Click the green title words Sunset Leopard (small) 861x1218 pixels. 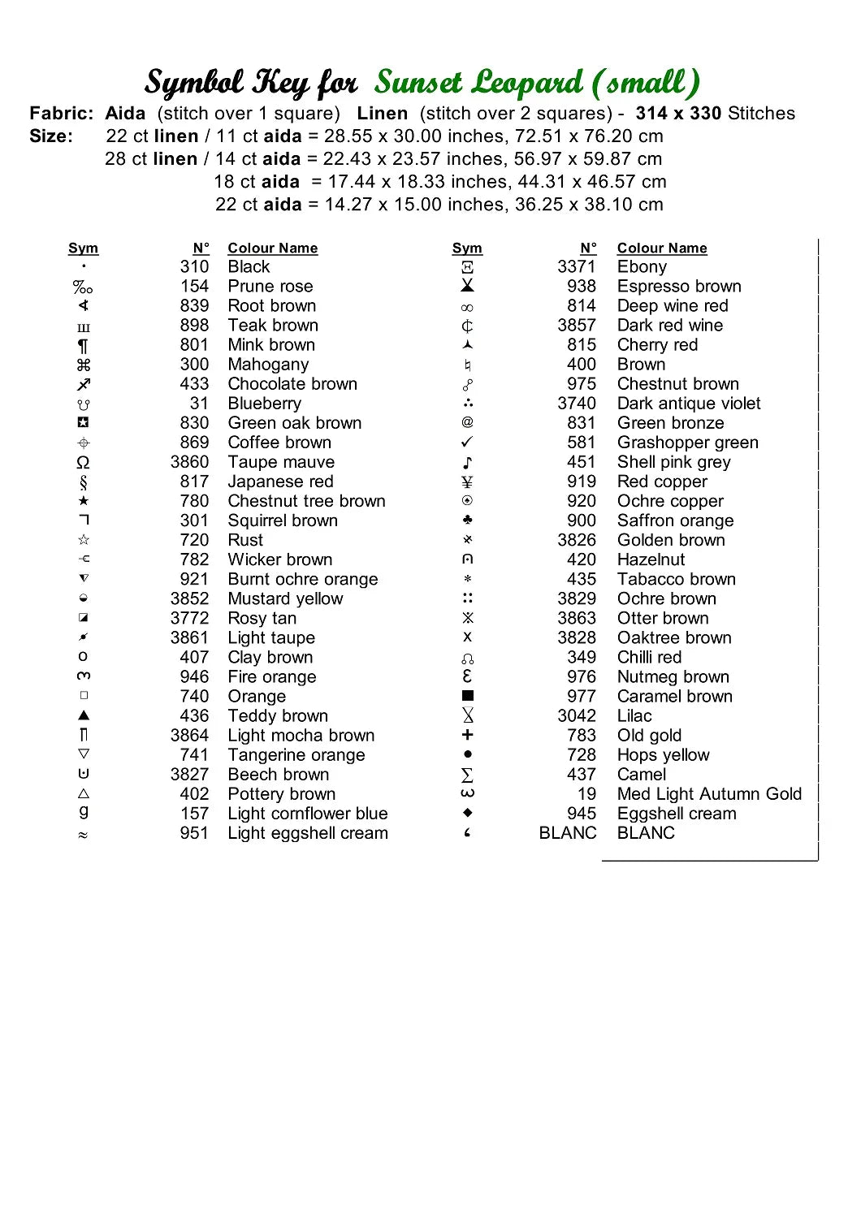coord(536,82)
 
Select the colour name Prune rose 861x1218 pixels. coord(270,287)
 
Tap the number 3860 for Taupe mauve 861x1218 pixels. coord(189,462)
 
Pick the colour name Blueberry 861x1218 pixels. coord(264,404)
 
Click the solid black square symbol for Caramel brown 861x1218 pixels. coord(467,696)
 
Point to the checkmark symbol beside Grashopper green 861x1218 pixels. coord(467,443)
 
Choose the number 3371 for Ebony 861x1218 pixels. coord(576,267)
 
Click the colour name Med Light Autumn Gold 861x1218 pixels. coord(709,794)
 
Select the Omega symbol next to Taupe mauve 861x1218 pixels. coord(83,463)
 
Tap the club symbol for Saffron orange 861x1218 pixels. coord(467,520)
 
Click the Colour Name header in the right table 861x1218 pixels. coord(661,248)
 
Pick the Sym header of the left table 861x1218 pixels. coord(83,248)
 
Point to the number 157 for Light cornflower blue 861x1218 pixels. coord(194,814)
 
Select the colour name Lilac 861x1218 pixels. coord(634,716)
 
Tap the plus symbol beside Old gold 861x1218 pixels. coord(467,735)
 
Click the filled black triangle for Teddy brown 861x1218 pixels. coord(83,715)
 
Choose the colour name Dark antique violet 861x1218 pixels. coord(689,404)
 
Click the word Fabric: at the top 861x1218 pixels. coord(62,114)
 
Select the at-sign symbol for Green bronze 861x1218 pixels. coord(467,422)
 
